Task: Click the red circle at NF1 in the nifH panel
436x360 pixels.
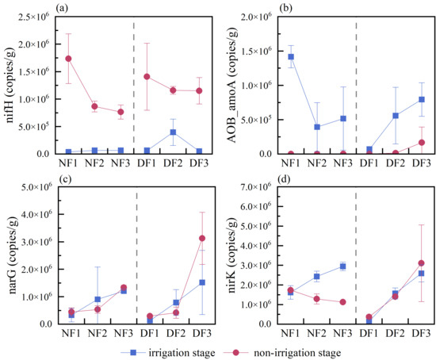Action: point(68,59)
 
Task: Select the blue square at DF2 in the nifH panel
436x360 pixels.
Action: point(173,132)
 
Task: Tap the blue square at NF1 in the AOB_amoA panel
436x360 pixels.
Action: point(291,57)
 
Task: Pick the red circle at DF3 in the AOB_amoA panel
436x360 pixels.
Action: point(422,143)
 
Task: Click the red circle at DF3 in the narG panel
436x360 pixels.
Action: point(202,239)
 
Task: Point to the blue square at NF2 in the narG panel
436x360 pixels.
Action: point(98,300)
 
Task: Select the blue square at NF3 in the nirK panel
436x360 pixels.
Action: point(342,266)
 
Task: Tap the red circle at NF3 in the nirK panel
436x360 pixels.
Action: point(342,302)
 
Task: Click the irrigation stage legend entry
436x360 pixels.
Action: point(168,353)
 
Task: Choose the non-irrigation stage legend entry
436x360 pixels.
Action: point(283,353)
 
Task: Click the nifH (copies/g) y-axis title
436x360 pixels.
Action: point(10,86)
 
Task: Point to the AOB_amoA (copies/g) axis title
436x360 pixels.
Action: point(232,86)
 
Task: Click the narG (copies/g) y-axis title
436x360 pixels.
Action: point(13,255)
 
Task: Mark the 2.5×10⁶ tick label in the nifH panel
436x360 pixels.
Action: point(33,17)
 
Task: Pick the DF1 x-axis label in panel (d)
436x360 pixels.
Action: point(369,333)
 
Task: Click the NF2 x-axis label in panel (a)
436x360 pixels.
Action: point(94,163)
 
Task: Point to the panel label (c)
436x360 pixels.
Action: point(66,179)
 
